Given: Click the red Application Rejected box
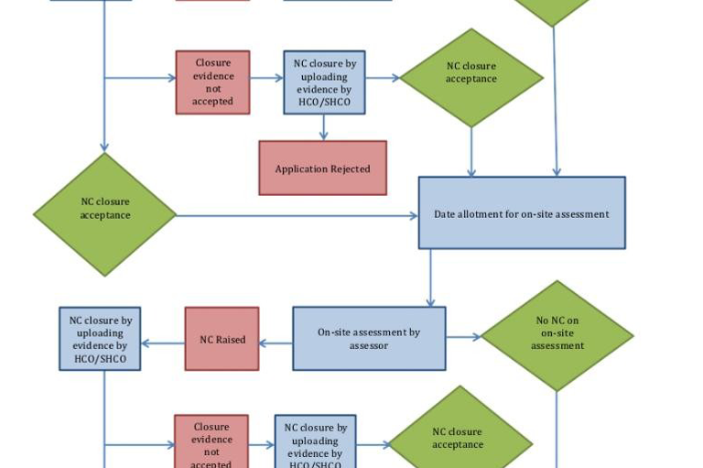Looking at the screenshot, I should pos(322,169).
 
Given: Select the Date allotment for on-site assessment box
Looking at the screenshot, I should pos(522,213).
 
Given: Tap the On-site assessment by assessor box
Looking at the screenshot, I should pos(369,338).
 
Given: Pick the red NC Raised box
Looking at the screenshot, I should pos(222,339).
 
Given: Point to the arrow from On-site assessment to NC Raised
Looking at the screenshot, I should pos(276,343).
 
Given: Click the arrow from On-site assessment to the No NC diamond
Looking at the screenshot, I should pos(463,337).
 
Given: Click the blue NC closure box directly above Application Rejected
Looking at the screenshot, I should pos(324,82).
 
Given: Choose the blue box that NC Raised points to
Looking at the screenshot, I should pos(100,339).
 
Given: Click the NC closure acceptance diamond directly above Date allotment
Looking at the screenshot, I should pos(471,77).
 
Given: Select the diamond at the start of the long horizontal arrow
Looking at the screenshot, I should pos(104,214).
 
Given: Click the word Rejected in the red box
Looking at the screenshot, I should pos(351,169).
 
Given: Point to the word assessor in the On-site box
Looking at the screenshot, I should pos(369,346).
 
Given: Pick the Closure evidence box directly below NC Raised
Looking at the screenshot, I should pos(211,442).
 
